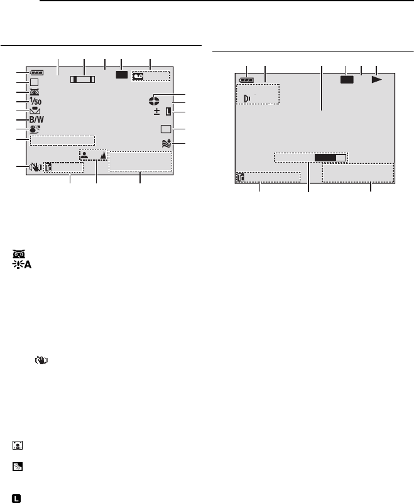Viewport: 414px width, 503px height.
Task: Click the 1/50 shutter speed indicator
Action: (x=36, y=101)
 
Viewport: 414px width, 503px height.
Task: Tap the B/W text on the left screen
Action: (x=36, y=120)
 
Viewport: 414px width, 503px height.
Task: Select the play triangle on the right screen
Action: (x=377, y=80)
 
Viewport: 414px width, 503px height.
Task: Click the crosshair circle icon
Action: (x=154, y=101)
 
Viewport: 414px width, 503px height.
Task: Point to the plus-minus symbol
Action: (x=156, y=112)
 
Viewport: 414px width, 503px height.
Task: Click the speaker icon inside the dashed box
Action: (x=247, y=99)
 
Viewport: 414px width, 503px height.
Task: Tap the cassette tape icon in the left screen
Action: (x=138, y=76)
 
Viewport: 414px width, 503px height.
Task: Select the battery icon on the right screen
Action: (x=246, y=80)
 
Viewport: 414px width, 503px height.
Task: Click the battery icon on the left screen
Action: (x=36, y=73)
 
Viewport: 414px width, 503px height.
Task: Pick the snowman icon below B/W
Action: (x=35, y=129)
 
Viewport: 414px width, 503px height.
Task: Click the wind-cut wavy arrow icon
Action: (x=166, y=143)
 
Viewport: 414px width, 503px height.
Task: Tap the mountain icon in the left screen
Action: (x=103, y=155)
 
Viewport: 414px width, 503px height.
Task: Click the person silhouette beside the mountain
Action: (x=84, y=156)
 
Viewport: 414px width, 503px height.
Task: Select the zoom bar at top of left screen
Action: (x=83, y=79)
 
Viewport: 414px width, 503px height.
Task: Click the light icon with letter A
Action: (x=22, y=264)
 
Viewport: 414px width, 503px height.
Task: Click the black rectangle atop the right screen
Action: (x=347, y=80)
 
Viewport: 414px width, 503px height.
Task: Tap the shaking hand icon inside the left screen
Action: (x=36, y=167)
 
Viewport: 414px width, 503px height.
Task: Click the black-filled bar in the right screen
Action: (x=325, y=158)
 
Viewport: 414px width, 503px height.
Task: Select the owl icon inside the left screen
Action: (x=35, y=92)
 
